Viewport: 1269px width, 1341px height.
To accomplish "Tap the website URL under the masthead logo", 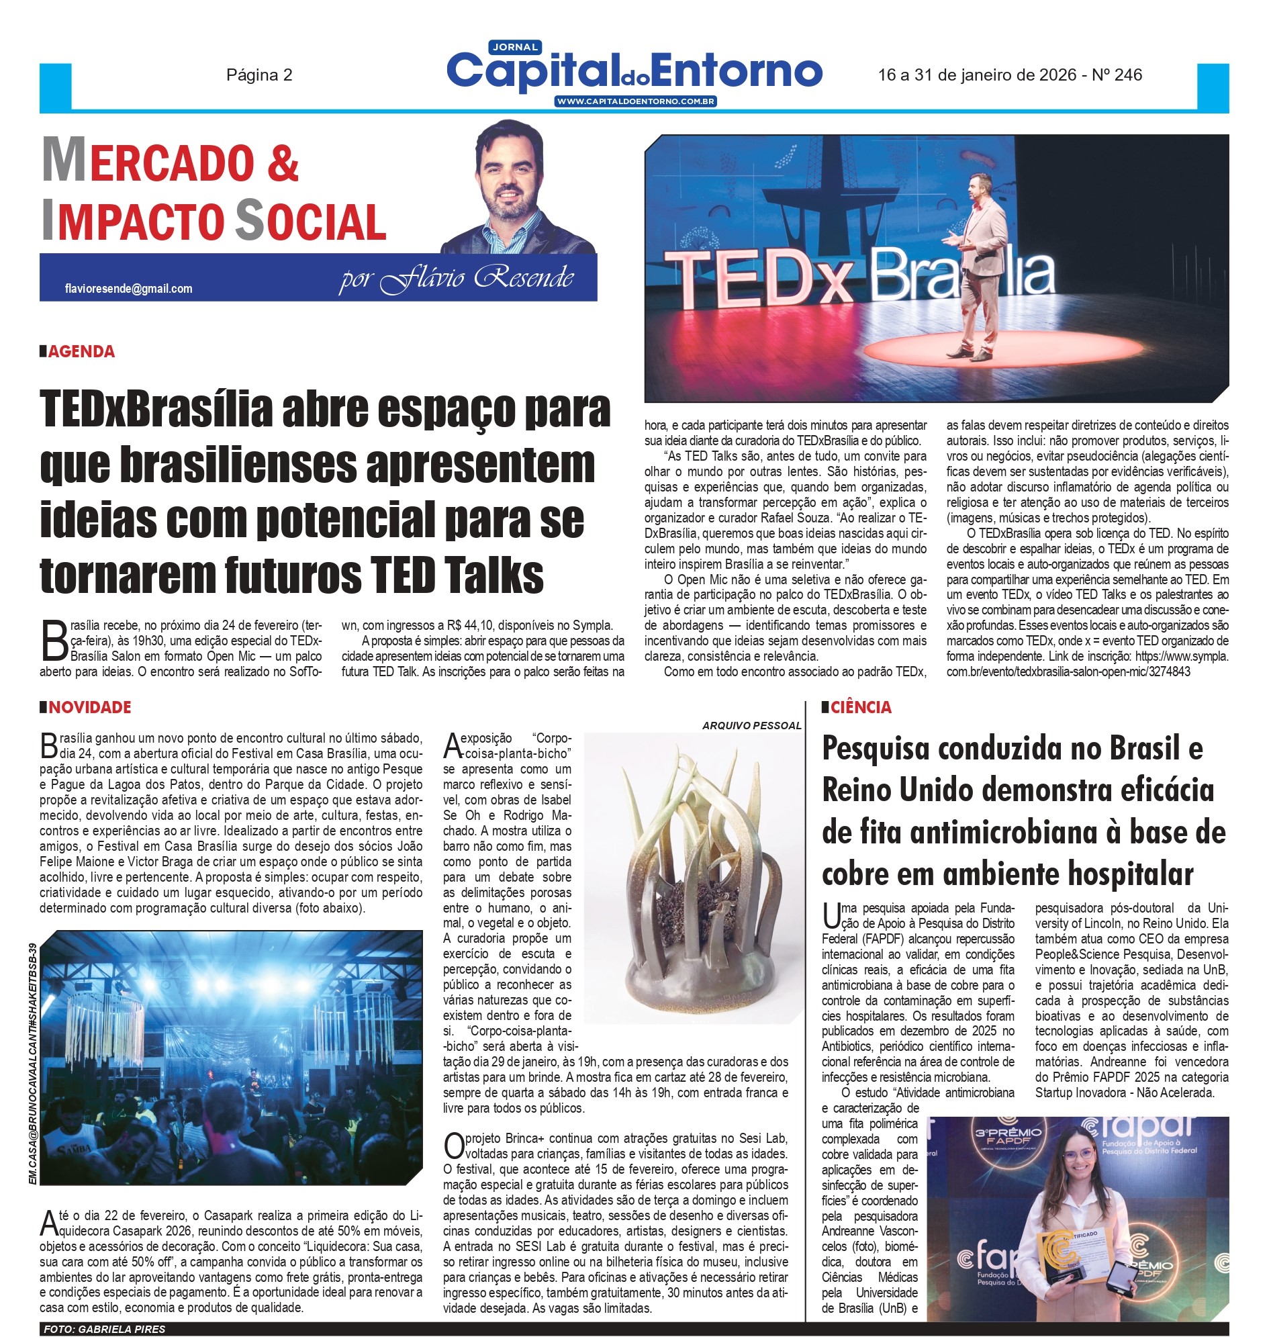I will pyautogui.click(x=635, y=101).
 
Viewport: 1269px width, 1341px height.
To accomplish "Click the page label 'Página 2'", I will pyautogui.click(x=259, y=75).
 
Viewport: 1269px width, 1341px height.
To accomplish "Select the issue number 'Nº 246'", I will pyautogui.click(x=1117, y=75).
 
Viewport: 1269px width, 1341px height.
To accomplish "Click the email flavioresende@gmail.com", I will pyautogui.click(x=128, y=289).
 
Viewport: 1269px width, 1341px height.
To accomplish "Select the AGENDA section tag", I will pyautogui.click(x=81, y=352).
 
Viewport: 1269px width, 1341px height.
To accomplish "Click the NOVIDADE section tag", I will pyautogui.click(x=89, y=708).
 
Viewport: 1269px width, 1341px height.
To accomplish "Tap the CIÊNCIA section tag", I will pyautogui.click(x=860, y=708).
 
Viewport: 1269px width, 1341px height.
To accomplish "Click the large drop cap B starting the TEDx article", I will pyautogui.click(x=54, y=641).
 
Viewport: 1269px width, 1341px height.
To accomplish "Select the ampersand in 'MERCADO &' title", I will pyautogui.click(x=282, y=164).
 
